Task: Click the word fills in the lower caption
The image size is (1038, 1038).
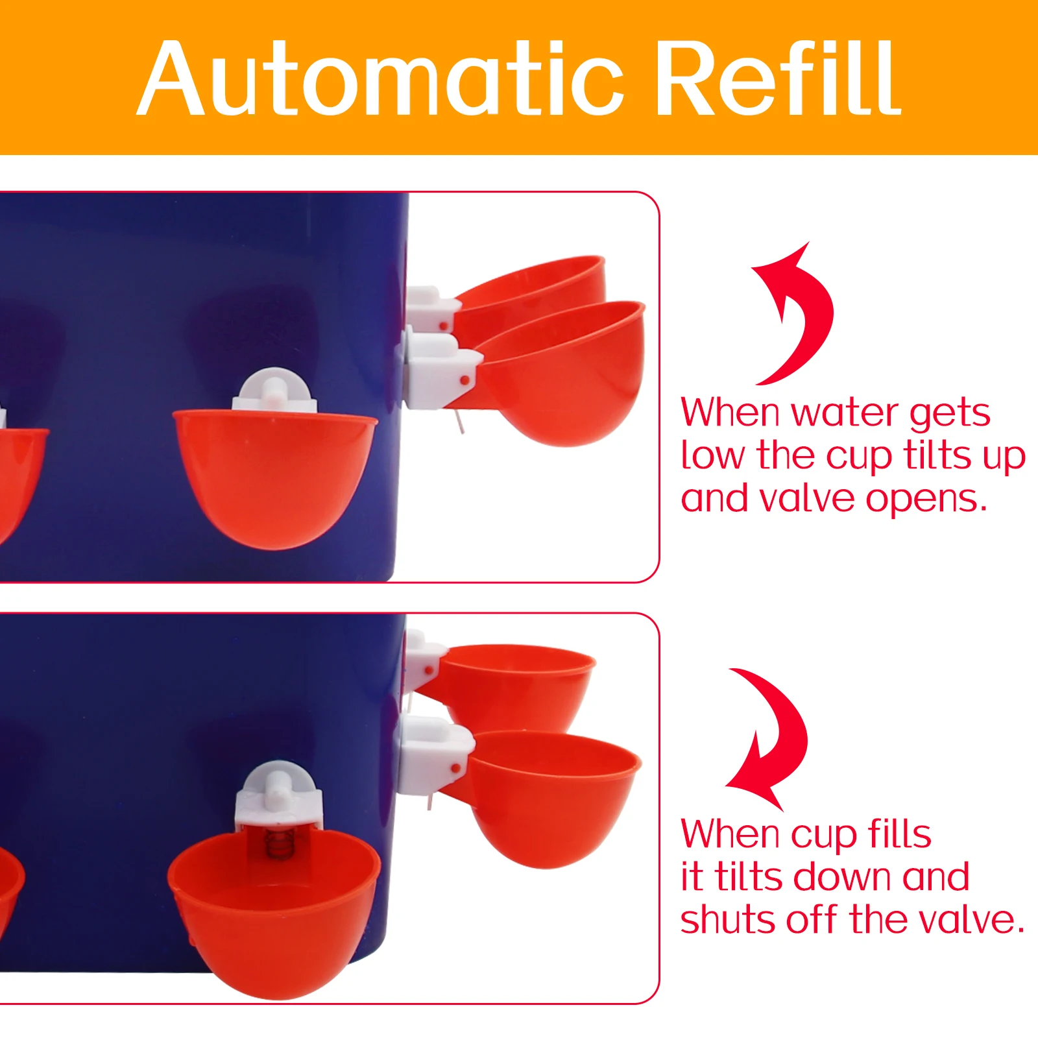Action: coord(899,834)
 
